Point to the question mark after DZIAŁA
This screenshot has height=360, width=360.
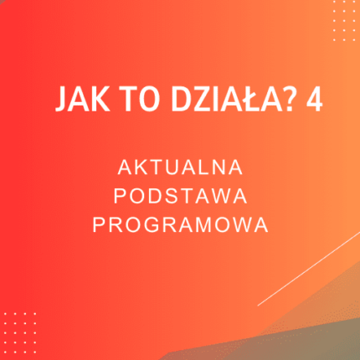(290, 99)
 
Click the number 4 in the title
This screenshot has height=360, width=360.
(313, 99)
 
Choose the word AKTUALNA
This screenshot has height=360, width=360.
(179, 167)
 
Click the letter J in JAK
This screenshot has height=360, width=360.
(61, 99)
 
